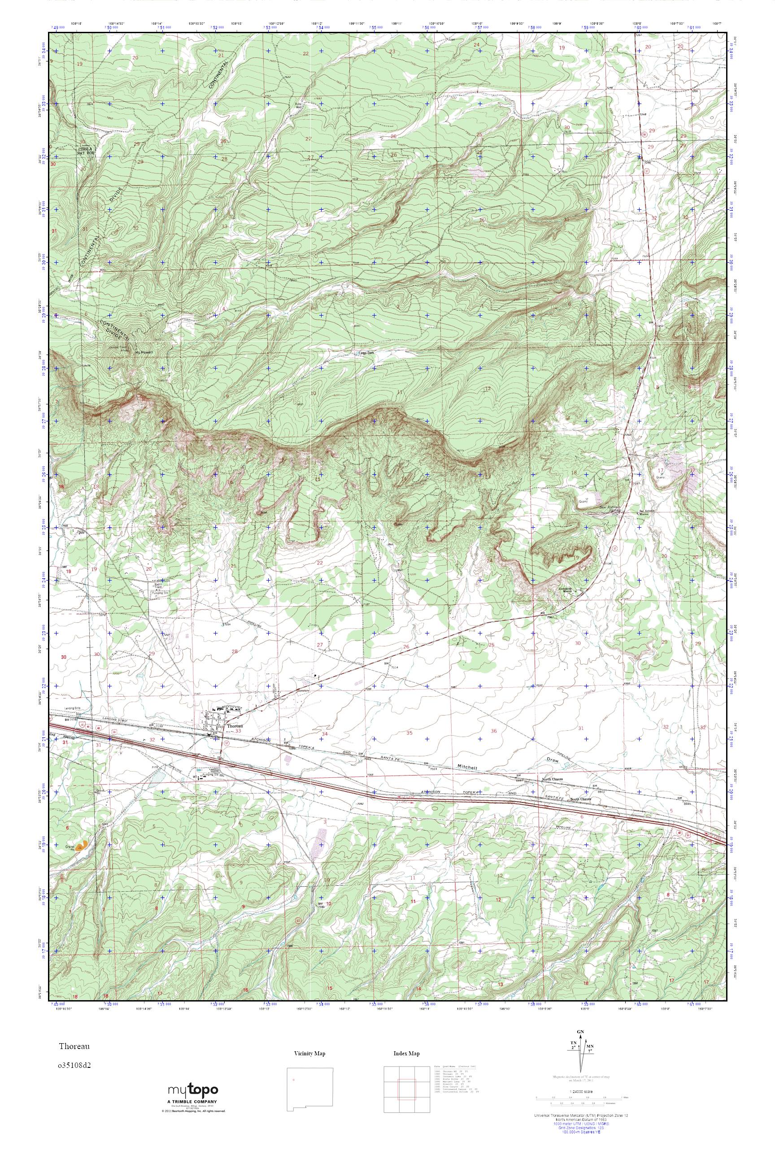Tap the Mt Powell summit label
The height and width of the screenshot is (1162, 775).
point(144,353)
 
